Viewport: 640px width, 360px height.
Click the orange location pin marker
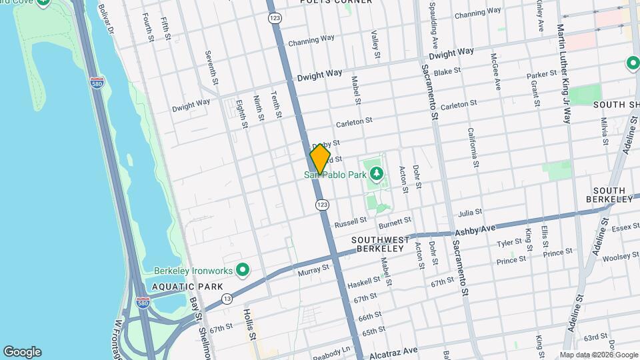coord(320,159)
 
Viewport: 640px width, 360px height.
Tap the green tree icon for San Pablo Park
coord(377,175)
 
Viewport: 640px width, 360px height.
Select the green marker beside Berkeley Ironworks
coord(243,270)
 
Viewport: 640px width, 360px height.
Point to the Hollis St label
coord(249,324)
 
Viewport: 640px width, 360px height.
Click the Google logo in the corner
coord(22,352)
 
